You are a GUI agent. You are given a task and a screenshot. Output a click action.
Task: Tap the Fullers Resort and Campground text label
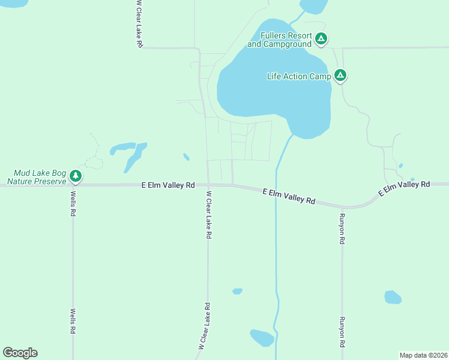click(x=280, y=40)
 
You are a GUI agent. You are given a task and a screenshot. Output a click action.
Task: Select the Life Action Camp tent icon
click(x=340, y=76)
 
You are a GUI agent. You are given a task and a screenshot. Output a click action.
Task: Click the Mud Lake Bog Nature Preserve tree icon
click(x=75, y=176)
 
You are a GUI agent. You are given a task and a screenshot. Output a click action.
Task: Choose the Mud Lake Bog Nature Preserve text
click(x=35, y=176)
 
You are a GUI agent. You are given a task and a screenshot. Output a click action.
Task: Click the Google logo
click(x=20, y=353)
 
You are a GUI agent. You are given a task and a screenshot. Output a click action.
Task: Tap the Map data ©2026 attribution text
click(x=423, y=355)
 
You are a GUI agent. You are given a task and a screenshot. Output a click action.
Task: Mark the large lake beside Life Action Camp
click(x=270, y=78)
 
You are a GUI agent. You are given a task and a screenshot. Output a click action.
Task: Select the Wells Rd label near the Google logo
click(x=73, y=322)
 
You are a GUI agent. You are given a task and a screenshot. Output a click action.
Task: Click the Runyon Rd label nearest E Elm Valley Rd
click(x=342, y=229)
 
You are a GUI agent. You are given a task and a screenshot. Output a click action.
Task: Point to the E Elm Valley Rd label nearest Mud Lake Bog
click(x=168, y=185)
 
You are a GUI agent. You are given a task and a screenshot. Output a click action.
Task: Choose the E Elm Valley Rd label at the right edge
click(x=404, y=188)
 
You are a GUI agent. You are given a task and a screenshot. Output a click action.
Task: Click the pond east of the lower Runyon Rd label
click(x=393, y=297)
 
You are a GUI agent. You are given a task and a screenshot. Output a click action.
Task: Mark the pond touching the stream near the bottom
click(x=262, y=338)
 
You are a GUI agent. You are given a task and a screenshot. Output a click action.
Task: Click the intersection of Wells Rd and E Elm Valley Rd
click(x=73, y=185)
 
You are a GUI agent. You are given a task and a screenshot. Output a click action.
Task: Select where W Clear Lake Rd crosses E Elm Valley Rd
click(x=208, y=185)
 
